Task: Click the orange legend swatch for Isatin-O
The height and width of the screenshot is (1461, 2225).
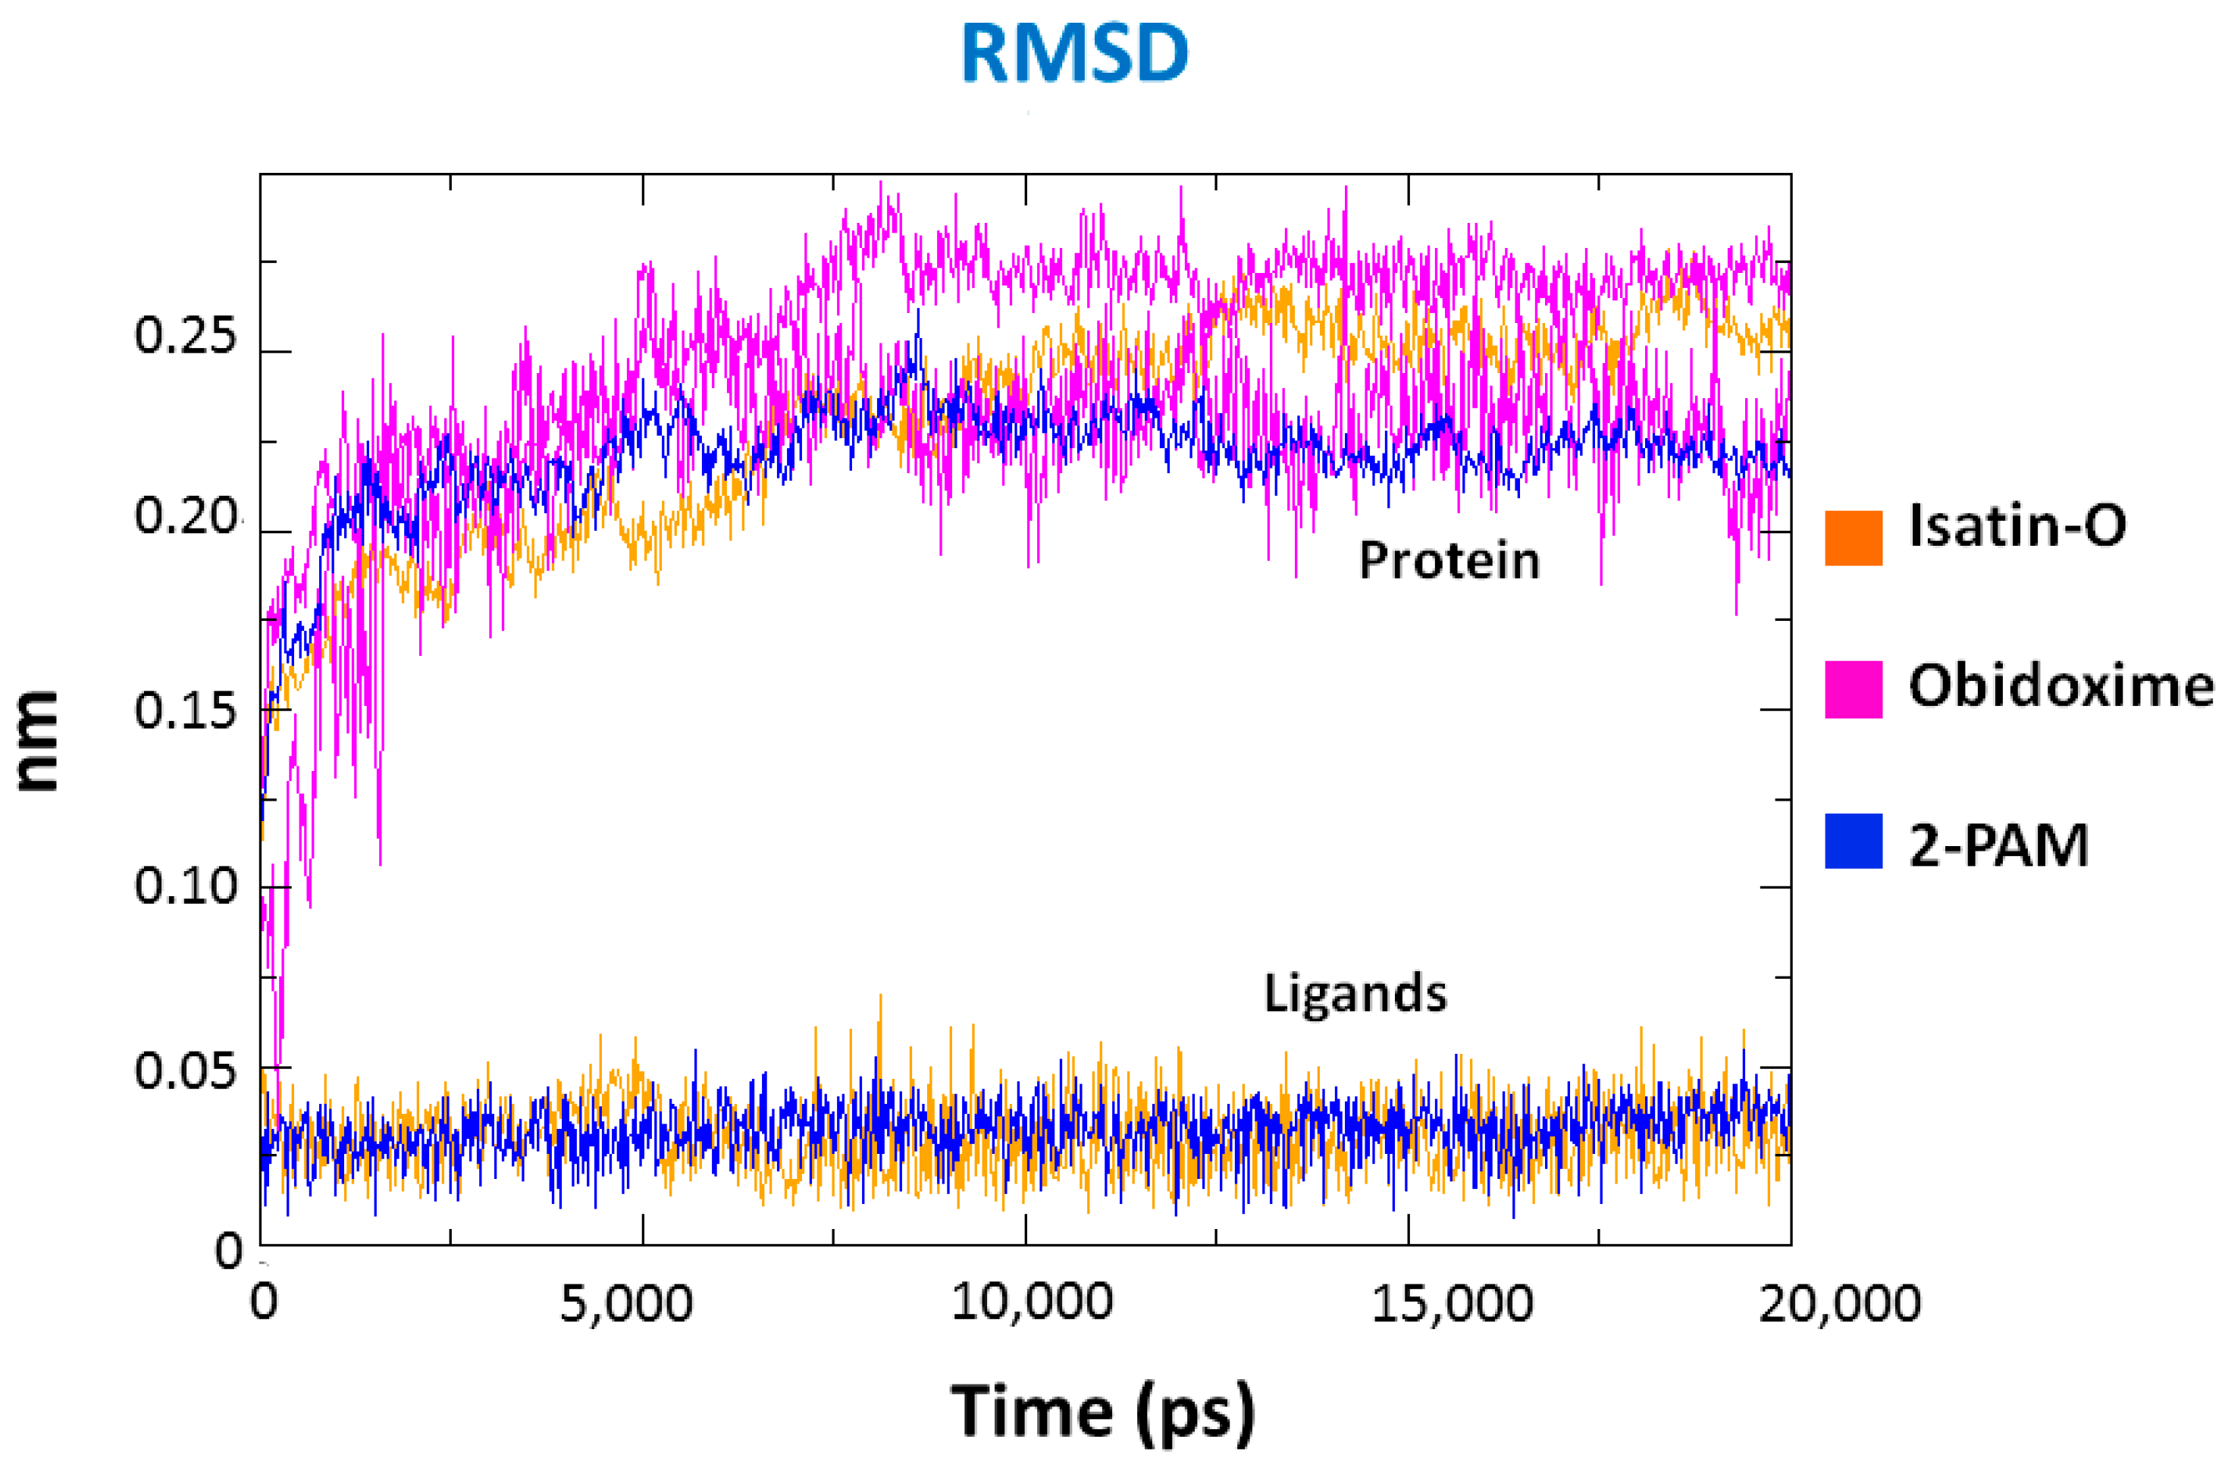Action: click(1853, 538)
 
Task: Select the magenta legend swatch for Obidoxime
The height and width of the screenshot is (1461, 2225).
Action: click(1853, 689)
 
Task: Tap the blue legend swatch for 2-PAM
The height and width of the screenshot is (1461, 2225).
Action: click(1853, 842)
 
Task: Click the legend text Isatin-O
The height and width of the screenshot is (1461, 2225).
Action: click(2017, 525)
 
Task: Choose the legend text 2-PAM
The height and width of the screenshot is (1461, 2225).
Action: click(1999, 845)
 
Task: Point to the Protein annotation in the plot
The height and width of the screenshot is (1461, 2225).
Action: click(1448, 561)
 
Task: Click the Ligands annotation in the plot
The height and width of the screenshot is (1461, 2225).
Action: click(1355, 994)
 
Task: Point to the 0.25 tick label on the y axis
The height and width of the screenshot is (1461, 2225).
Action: click(185, 336)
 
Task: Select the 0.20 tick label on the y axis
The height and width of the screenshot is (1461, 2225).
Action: click(185, 517)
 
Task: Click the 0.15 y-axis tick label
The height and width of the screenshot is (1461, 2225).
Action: click(185, 711)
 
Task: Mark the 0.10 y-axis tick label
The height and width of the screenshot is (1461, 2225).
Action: click(185, 886)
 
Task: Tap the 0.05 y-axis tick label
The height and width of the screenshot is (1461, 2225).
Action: click(185, 1071)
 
